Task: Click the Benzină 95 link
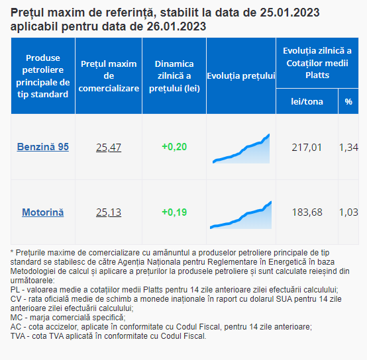43,147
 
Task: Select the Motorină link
43,212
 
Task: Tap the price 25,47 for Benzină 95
109,148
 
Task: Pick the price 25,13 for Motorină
109,212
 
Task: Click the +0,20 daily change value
174,147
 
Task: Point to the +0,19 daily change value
174,212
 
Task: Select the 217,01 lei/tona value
307,148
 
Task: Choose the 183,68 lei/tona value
307,212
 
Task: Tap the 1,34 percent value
348,148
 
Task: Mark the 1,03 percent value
348,212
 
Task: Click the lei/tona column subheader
307,102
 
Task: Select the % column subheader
348,102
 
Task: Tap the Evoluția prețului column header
241,76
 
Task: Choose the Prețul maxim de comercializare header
109,76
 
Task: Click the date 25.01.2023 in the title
289,13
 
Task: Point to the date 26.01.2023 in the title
176,26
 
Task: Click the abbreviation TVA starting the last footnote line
18,336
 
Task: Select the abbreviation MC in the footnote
17,318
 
